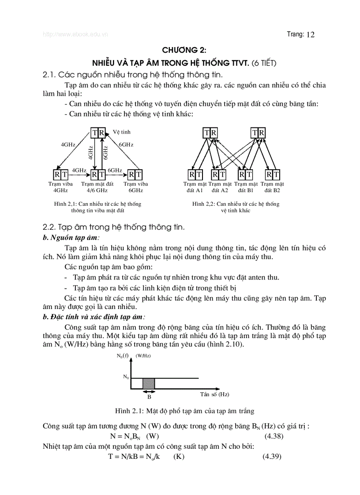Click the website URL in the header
coord(75,34)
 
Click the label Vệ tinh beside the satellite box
coord(121,132)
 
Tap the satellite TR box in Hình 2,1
coord(99,132)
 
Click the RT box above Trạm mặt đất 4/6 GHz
coord(97,175)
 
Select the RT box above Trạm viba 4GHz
coord(60,175)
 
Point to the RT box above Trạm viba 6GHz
coord(135,175)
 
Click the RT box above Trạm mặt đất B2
coord(273,175)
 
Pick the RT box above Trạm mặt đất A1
coord(195,175)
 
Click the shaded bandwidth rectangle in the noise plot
coord(149,383)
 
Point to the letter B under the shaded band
coord(149,396)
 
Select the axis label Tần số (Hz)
coord(214,394)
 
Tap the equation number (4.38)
coord(274,436)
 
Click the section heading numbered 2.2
coord(113,227)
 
